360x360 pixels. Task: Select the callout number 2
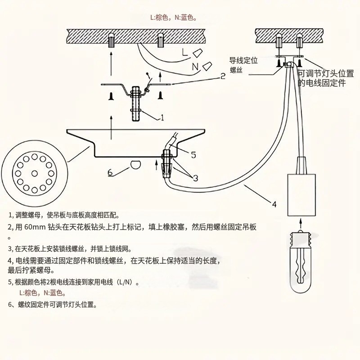click(x=222, y=76)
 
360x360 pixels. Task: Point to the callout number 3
click(x=195, y=178)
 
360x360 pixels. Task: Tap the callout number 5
click(x=193, y=155)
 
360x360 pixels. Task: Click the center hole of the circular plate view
click(x=34, y=173)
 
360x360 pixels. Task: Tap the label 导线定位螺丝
click(x=243, y=65)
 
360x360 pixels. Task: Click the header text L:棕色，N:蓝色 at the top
click(x=173, y=18)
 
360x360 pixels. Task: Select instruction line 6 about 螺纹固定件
click(x=52, y=304)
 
